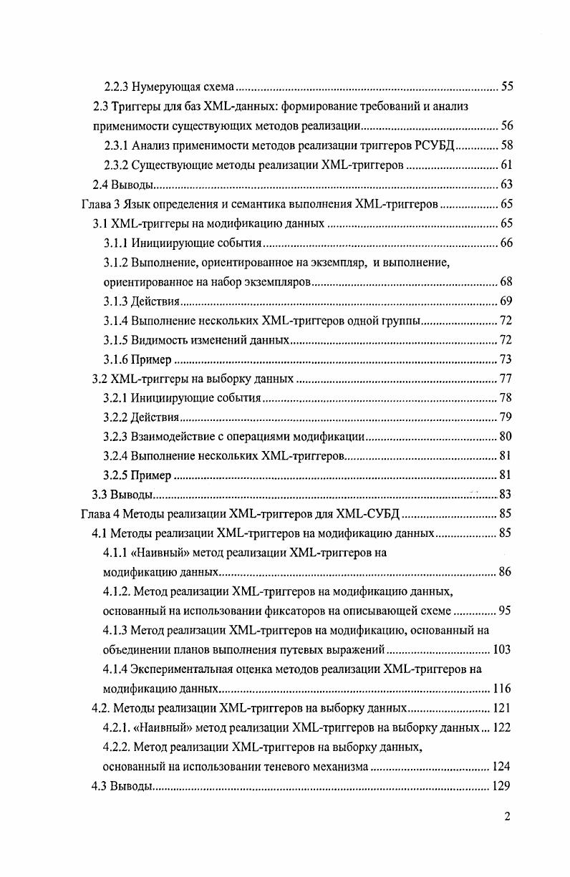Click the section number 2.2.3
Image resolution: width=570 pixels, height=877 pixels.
[117, 87]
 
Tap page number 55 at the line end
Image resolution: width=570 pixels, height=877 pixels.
[506, 87]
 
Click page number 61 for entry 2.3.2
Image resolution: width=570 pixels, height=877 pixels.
[506, 165]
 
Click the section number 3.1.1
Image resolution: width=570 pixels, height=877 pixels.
[116, 243]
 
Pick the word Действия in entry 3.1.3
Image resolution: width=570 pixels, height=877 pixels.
[152, 301]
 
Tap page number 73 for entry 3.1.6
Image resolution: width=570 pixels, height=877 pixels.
[506, 359]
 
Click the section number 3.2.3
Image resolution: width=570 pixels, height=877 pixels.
[116, 436]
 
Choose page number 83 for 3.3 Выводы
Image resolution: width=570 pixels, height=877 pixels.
[506, 494]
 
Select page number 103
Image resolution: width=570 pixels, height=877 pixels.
[502, 649]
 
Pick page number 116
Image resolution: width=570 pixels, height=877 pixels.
[502, 689]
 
